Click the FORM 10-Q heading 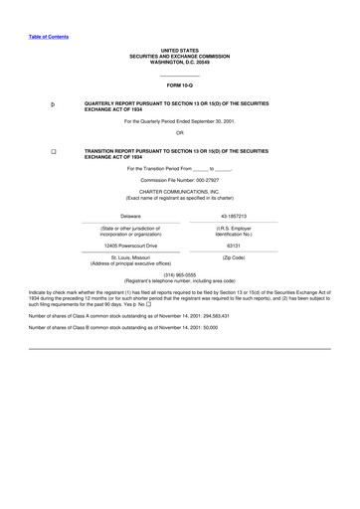click(x=180, y=86)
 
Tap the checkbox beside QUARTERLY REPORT click(x=53, y=103)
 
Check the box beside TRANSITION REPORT click(x=53, y=151)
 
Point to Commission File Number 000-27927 click(x=180, y=179)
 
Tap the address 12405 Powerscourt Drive click(x=130, y=244)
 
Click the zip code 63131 click(x=234, y=244)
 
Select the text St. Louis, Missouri click(x=130, y=257)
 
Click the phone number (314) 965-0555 click(x=180, y=274)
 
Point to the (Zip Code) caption click(x=234, y=257)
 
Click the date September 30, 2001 click(x=207, y=121)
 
